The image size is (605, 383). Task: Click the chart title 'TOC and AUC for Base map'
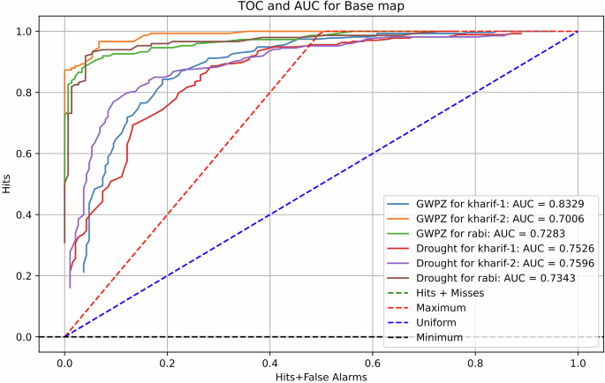pos(321,8)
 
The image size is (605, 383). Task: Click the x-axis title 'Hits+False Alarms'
pos(321,376)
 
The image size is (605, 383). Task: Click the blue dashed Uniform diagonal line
pos(321,184)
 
